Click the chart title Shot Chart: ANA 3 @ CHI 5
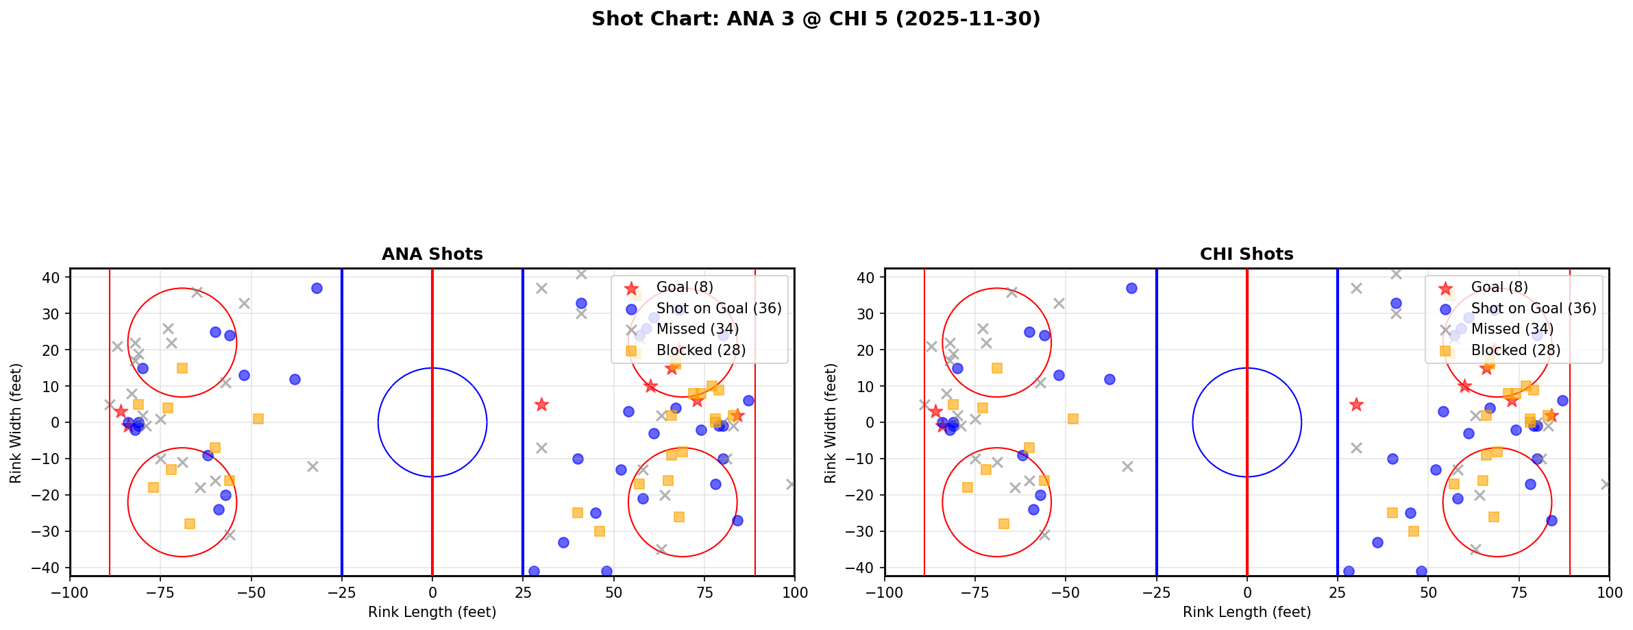click(x=815, y=19)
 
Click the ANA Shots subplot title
click(x=432, y=254)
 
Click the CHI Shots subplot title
click(x=1246, y=254)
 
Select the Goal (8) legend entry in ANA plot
click(x=685, y=287)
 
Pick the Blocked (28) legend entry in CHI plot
click(x=1515, y=350)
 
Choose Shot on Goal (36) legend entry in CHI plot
click(x=1533, y=308)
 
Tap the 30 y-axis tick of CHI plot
click(x=867, y=313)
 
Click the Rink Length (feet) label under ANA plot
click(x=432, y=612)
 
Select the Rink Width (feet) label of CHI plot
click(x=831, y=423)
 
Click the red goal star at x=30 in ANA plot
click(x=541, y=404)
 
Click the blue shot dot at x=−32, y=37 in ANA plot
click(x=317, y=289)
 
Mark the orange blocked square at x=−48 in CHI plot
click(x=1072, y=419)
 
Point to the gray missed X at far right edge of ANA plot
click(x=791, y=484)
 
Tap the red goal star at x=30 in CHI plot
click(x=1355, y=404)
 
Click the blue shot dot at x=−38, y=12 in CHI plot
click(x=1109, y=379)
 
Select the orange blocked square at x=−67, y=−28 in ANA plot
click(x=190, y=524)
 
